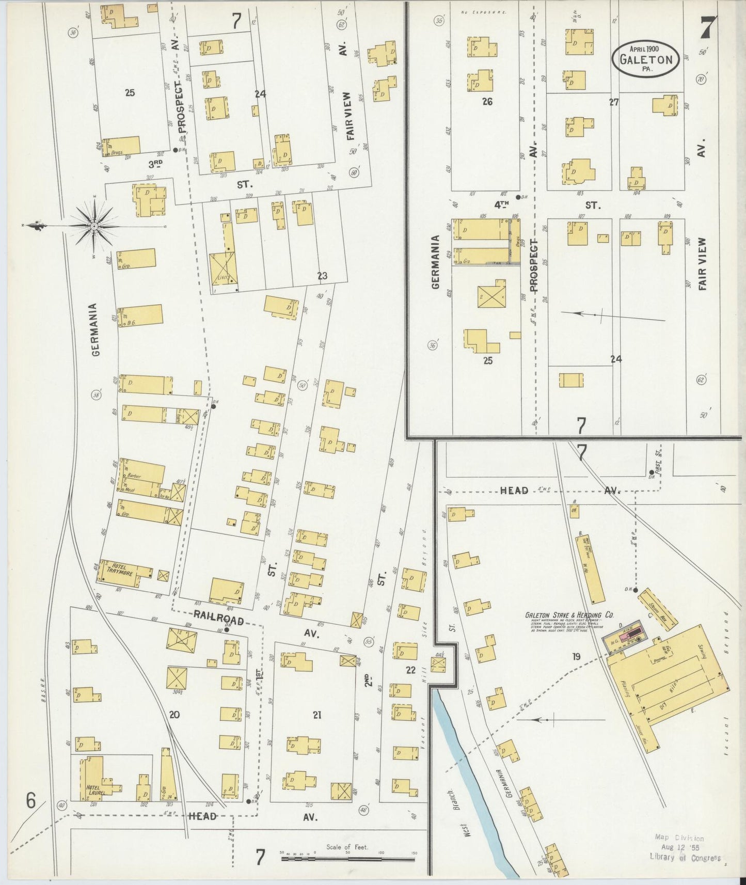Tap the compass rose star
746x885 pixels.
[94, 226]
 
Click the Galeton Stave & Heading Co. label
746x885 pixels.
[569, 615]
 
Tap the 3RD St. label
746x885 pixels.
[155, 164]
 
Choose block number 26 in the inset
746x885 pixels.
[486, 102]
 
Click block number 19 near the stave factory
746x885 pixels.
[576, 657]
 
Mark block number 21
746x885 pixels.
[317, 715]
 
